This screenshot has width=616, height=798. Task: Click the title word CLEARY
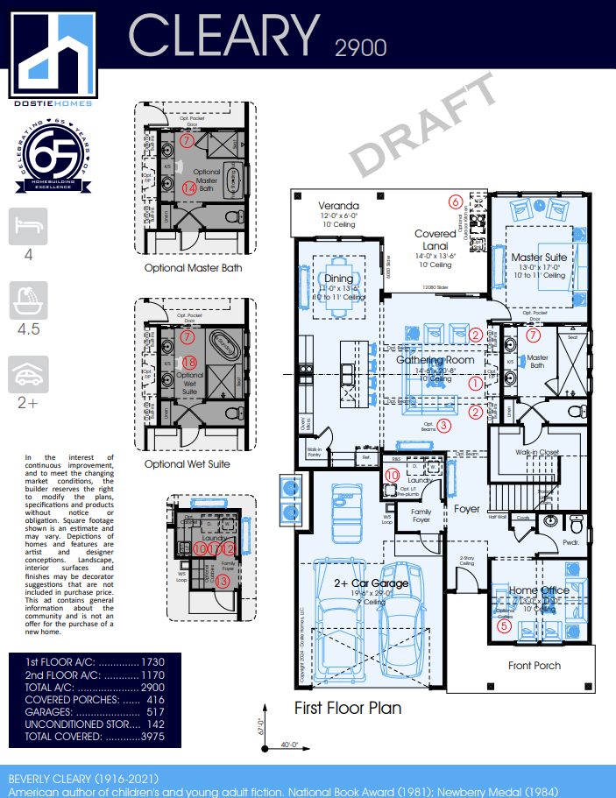[x=225, y=36]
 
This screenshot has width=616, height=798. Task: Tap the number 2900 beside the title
[x=360, y=47]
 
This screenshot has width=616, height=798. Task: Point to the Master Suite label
[x=538, y=258]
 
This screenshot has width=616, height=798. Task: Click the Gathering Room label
[x=435, y=359]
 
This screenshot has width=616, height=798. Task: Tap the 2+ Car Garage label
[x=371, y=583]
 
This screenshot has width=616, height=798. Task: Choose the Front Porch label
[x=535, y=666]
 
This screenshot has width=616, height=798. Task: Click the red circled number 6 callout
[x=455, y=201]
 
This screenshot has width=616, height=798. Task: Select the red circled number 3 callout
[x=444, y=426]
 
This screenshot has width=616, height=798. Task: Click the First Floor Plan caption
[x=347, y=708]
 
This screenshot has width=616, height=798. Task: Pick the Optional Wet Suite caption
[x=188, y=464]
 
